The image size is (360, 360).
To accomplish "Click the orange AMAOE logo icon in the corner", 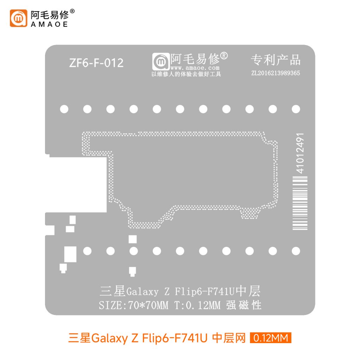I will pos(18,18).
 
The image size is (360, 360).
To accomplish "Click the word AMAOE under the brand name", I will pos(49,24).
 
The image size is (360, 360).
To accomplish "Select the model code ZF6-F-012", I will pos(96,63).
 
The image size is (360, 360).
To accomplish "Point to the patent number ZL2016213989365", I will pos(276,73).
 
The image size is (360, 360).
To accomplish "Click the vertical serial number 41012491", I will pos(300,153).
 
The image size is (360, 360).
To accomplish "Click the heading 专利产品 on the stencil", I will pos(276,60).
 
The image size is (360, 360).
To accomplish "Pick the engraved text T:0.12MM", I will pos(197,305).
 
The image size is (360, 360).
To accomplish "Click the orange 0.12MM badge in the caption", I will pos(270,338).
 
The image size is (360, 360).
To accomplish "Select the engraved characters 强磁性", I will pos(244,305).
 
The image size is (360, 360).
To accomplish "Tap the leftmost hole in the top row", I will pos(64,109).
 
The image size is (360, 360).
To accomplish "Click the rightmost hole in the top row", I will pos(296,109).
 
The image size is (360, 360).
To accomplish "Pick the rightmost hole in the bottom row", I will pos(296,251).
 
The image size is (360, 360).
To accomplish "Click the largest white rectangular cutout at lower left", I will pos(70,254).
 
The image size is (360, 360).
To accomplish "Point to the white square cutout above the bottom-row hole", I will pos(133,239).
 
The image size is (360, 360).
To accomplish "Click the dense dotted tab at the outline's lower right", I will pos(250,213).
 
